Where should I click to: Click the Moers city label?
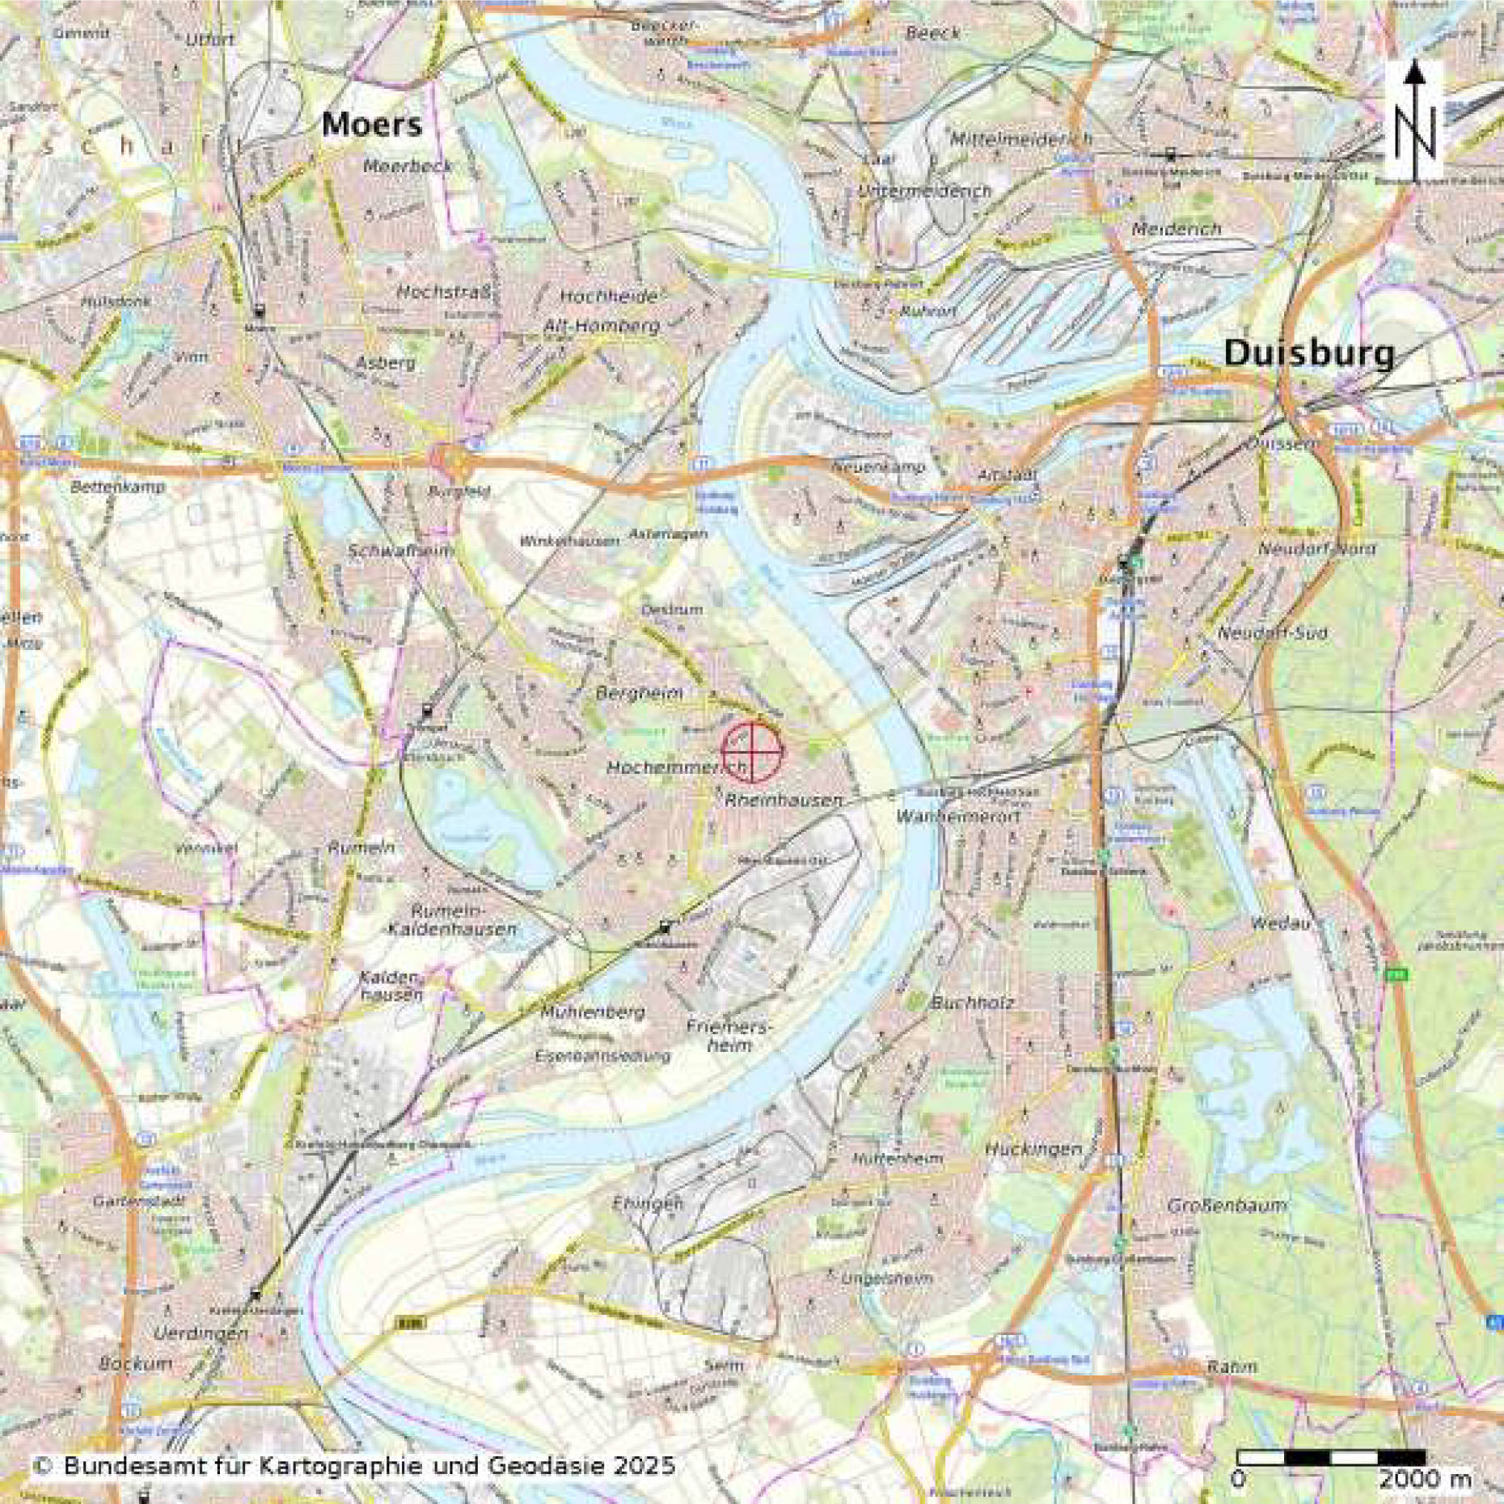coord(372,125)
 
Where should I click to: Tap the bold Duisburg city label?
coord(1309,353)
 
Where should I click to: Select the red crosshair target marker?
coord(752,752)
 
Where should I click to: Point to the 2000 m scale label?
coord(1426,1480)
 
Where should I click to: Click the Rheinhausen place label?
coord(784,801)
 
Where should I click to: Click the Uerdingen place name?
coord(201,1333)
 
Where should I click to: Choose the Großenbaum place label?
coord(1227,1206)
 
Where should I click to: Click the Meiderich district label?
coord(1177,230)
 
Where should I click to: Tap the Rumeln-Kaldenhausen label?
coord(451,919)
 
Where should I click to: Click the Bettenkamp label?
coord(117,488)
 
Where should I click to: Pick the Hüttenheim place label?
coord(898,1159)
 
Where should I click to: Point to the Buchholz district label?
coord(973,1003)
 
